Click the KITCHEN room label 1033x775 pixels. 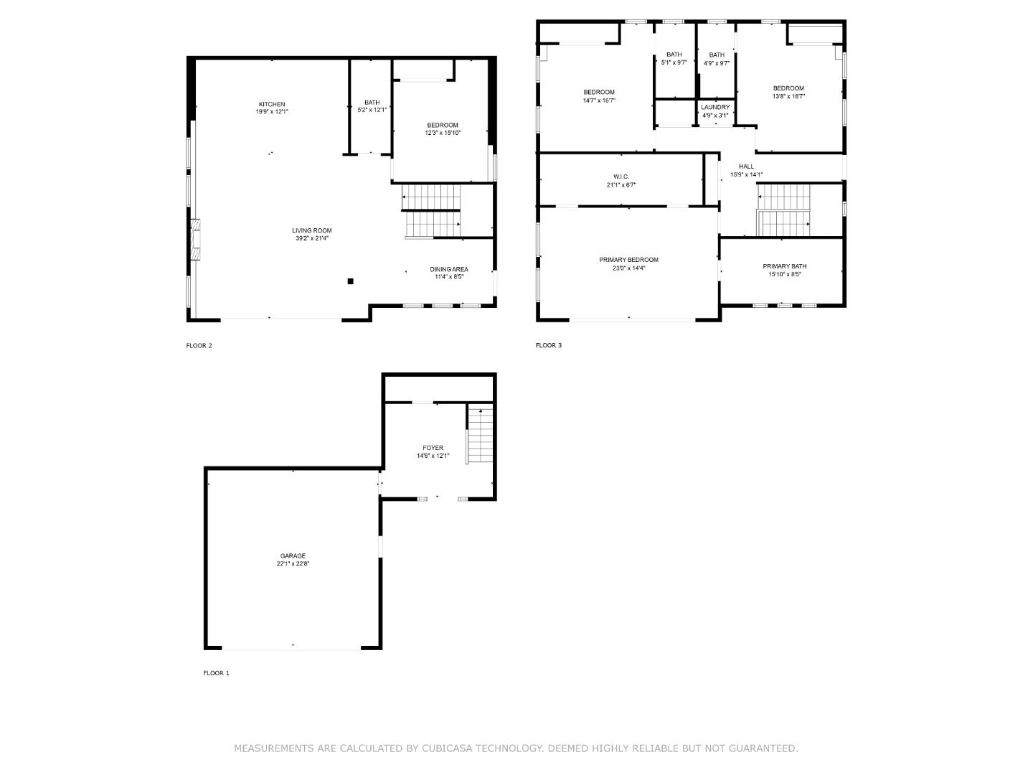tap(272, 105)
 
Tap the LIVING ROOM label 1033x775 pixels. tap(311, 230)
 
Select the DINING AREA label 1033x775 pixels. tap(449, 269)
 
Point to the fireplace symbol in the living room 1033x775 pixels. tap(196, 238)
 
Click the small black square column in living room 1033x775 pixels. tap(350, 281)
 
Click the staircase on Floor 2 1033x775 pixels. tap(430, 211)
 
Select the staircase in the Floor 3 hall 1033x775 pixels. tap(783, 210)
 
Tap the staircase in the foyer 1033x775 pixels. tap(479, 435)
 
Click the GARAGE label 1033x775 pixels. tap(293, 555)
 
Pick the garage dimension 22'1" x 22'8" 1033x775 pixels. tap(293, 564)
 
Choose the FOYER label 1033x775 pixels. tap(433, 448)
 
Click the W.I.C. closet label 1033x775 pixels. tap(621, 177)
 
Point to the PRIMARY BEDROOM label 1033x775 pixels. tap(628, 260)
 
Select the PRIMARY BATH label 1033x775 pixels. tap(784, 266)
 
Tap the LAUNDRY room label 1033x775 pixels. tap(715, 107)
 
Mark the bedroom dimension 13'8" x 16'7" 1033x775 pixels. tap(788, 97)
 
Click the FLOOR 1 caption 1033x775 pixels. tap(216, 673)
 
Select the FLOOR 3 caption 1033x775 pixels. tap(549, 345)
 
